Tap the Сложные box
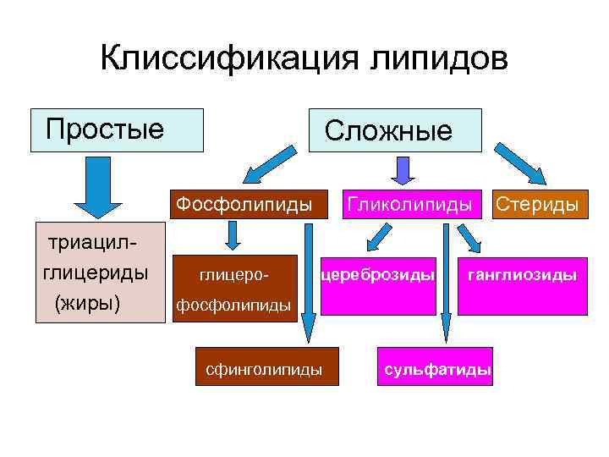pyautogui.click(x=395, y=130)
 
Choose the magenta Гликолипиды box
pyautogui.click(x=408, y=204)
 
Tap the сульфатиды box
pyautogui.click(x=437, y=370)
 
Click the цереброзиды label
pyautogui.click(x=378, y=275)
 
